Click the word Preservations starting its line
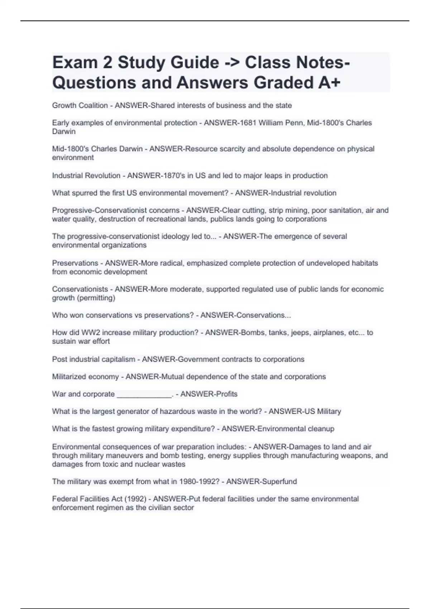pos(75,263)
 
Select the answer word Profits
pos(226,394)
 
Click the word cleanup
pos(321,429)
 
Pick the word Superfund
pos(279,481)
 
